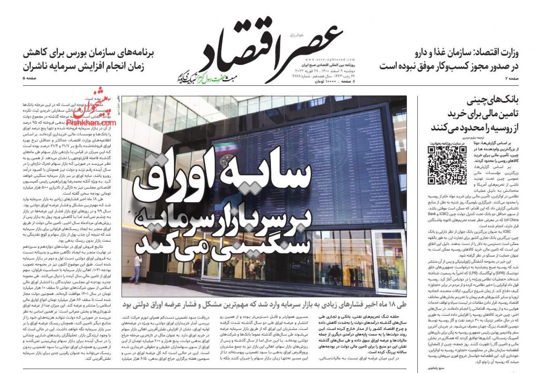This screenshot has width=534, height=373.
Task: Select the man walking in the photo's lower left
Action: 136,269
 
